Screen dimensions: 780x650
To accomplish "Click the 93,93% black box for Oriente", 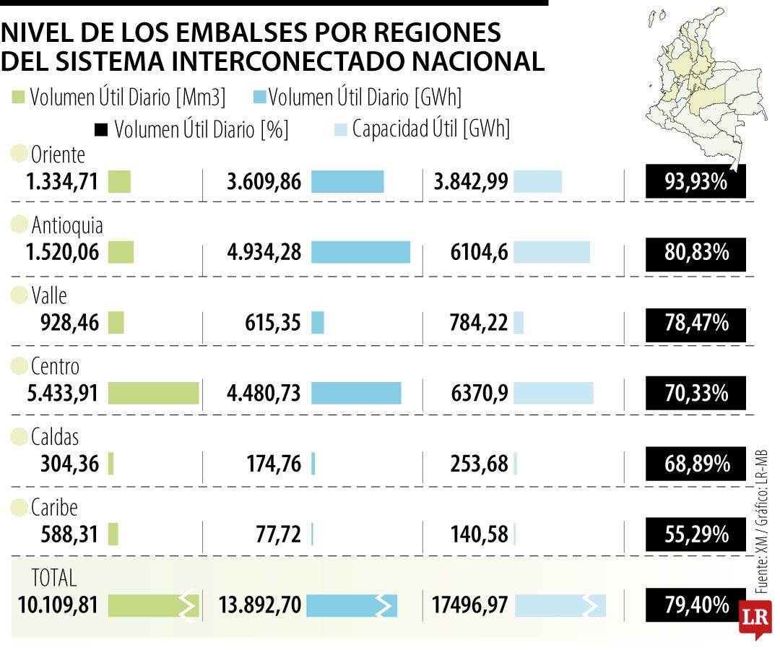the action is click(x=695, y=181).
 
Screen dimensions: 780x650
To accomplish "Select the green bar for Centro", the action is click(x=153, y=394).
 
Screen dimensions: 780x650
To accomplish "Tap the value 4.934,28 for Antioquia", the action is click(x=264, y=252).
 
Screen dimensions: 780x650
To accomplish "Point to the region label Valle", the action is click(x=49, y=295).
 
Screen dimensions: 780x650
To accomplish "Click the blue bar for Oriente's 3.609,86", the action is click(x=347, y=181).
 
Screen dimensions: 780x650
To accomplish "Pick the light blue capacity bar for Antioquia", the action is click(x=552, y=252).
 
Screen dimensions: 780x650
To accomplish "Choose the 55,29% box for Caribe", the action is click(x=695, y=534).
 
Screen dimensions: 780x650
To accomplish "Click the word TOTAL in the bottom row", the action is click(x=53, y=578).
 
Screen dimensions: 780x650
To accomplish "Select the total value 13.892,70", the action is click(x=260, y=605).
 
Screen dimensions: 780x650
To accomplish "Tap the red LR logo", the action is click(x=755, y=618).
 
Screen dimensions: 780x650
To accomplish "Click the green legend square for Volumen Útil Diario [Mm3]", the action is click(x=18, y=97).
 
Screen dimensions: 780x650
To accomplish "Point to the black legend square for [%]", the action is click(x=101, y=130).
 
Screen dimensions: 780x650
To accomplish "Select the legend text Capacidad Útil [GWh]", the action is click(x=430, y=129).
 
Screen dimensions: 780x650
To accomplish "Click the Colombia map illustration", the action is click(x=706, y=84).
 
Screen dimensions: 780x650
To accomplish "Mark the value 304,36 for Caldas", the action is click(x=69, y=464).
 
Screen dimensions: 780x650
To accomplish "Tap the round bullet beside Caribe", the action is click(x=19, y=508).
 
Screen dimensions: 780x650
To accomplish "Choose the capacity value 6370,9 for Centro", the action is click(x=480, y=394).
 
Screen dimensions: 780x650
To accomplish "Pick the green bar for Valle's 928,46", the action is click(x=116, y=323).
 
